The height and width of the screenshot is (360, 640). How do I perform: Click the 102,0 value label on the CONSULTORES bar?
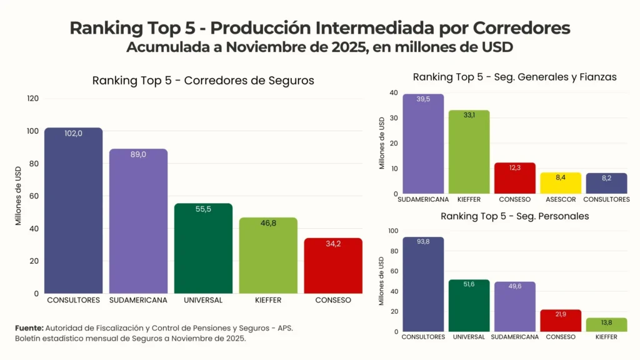pos(74,133)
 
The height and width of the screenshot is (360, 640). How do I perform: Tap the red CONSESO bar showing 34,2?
pos(333,266)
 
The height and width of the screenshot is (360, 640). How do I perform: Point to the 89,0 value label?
pos(138,154)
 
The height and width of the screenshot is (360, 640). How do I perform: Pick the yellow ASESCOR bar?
pos(561,183)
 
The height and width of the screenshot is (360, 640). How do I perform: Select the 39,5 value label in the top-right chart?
pos(423,99)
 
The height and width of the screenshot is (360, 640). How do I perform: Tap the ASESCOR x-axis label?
pos(561,199)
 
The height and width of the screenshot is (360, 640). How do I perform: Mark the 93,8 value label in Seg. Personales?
pos(423,242)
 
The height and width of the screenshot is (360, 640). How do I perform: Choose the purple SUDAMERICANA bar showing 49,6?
pos(515,306)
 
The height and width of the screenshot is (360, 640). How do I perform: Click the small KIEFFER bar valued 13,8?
pos(606,324)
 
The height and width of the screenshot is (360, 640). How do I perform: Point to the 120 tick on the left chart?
pos(33,99)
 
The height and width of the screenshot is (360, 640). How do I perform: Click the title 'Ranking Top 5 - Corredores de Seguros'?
pos(203,81)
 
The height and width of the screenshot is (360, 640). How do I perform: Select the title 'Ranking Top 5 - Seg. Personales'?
pos(514,216)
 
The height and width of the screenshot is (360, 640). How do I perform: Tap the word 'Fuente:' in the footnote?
pos(29,327)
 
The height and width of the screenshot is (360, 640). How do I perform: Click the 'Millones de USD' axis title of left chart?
pos(19,196)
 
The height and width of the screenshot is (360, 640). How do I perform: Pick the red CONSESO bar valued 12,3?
pos(515,178)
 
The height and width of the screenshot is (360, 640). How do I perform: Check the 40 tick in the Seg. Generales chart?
pos(393,93)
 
